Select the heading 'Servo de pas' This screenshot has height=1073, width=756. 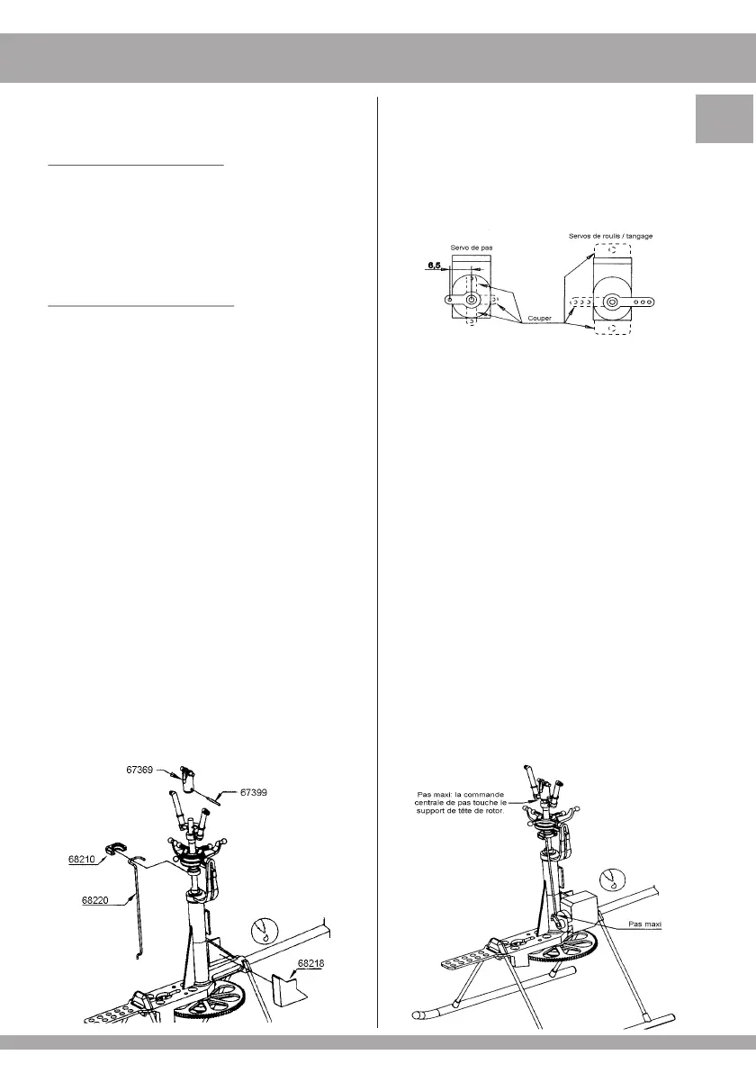(471, 247)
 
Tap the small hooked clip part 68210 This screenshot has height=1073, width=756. (116, 848)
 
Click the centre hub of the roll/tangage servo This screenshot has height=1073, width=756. (611, 302)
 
